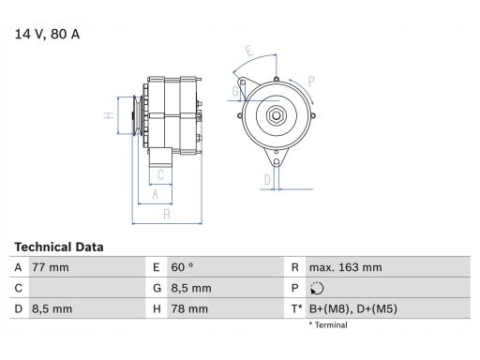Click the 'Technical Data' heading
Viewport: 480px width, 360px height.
(x=59, y=247)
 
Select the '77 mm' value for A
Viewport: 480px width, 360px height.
(x=52, y=267)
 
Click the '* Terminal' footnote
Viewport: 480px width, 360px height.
(x=327, y=325)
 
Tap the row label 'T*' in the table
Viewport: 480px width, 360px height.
(x=297, y=308)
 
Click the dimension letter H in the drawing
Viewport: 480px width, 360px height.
(x=109, y=115)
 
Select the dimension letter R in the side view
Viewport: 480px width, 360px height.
(x=166, y=215)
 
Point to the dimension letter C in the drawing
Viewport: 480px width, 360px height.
(x=161, y=174)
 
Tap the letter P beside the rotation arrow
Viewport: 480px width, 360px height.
(x=310, y=81)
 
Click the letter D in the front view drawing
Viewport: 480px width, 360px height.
(x=267, y=179)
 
